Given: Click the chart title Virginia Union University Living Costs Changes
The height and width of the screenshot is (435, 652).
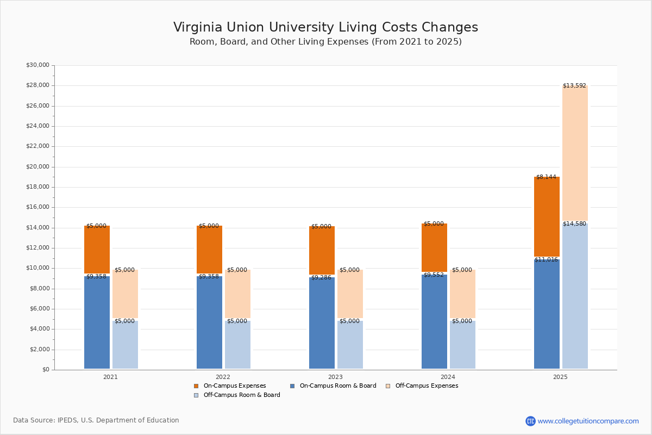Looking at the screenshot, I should (x=325, y=28).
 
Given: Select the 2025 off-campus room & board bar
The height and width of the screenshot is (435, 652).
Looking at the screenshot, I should (x=575, y=296).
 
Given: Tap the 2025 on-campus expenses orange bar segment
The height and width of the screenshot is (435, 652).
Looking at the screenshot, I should (x=547, y=217).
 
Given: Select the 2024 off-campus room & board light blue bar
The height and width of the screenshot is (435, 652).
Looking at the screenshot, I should (x=462, y=345).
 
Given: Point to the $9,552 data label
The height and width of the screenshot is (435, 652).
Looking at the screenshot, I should (x=434, y=275).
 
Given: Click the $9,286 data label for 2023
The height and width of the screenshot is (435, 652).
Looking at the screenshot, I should (x=321, y=278).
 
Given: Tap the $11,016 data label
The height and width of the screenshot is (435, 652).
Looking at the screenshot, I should (x=546, y=260).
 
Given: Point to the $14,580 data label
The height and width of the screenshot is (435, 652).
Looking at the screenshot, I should (x=574, y=224).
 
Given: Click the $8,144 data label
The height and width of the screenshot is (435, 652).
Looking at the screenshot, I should (x=546, y=177).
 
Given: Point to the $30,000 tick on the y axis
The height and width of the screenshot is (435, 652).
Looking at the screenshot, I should (x=37, y=65).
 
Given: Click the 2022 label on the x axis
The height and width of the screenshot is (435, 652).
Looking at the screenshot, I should (x=223, y=377).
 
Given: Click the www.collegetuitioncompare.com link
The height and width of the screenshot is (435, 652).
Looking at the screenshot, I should (x=588, y=421).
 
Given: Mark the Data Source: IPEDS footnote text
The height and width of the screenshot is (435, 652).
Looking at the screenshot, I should (x=96, y=420).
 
